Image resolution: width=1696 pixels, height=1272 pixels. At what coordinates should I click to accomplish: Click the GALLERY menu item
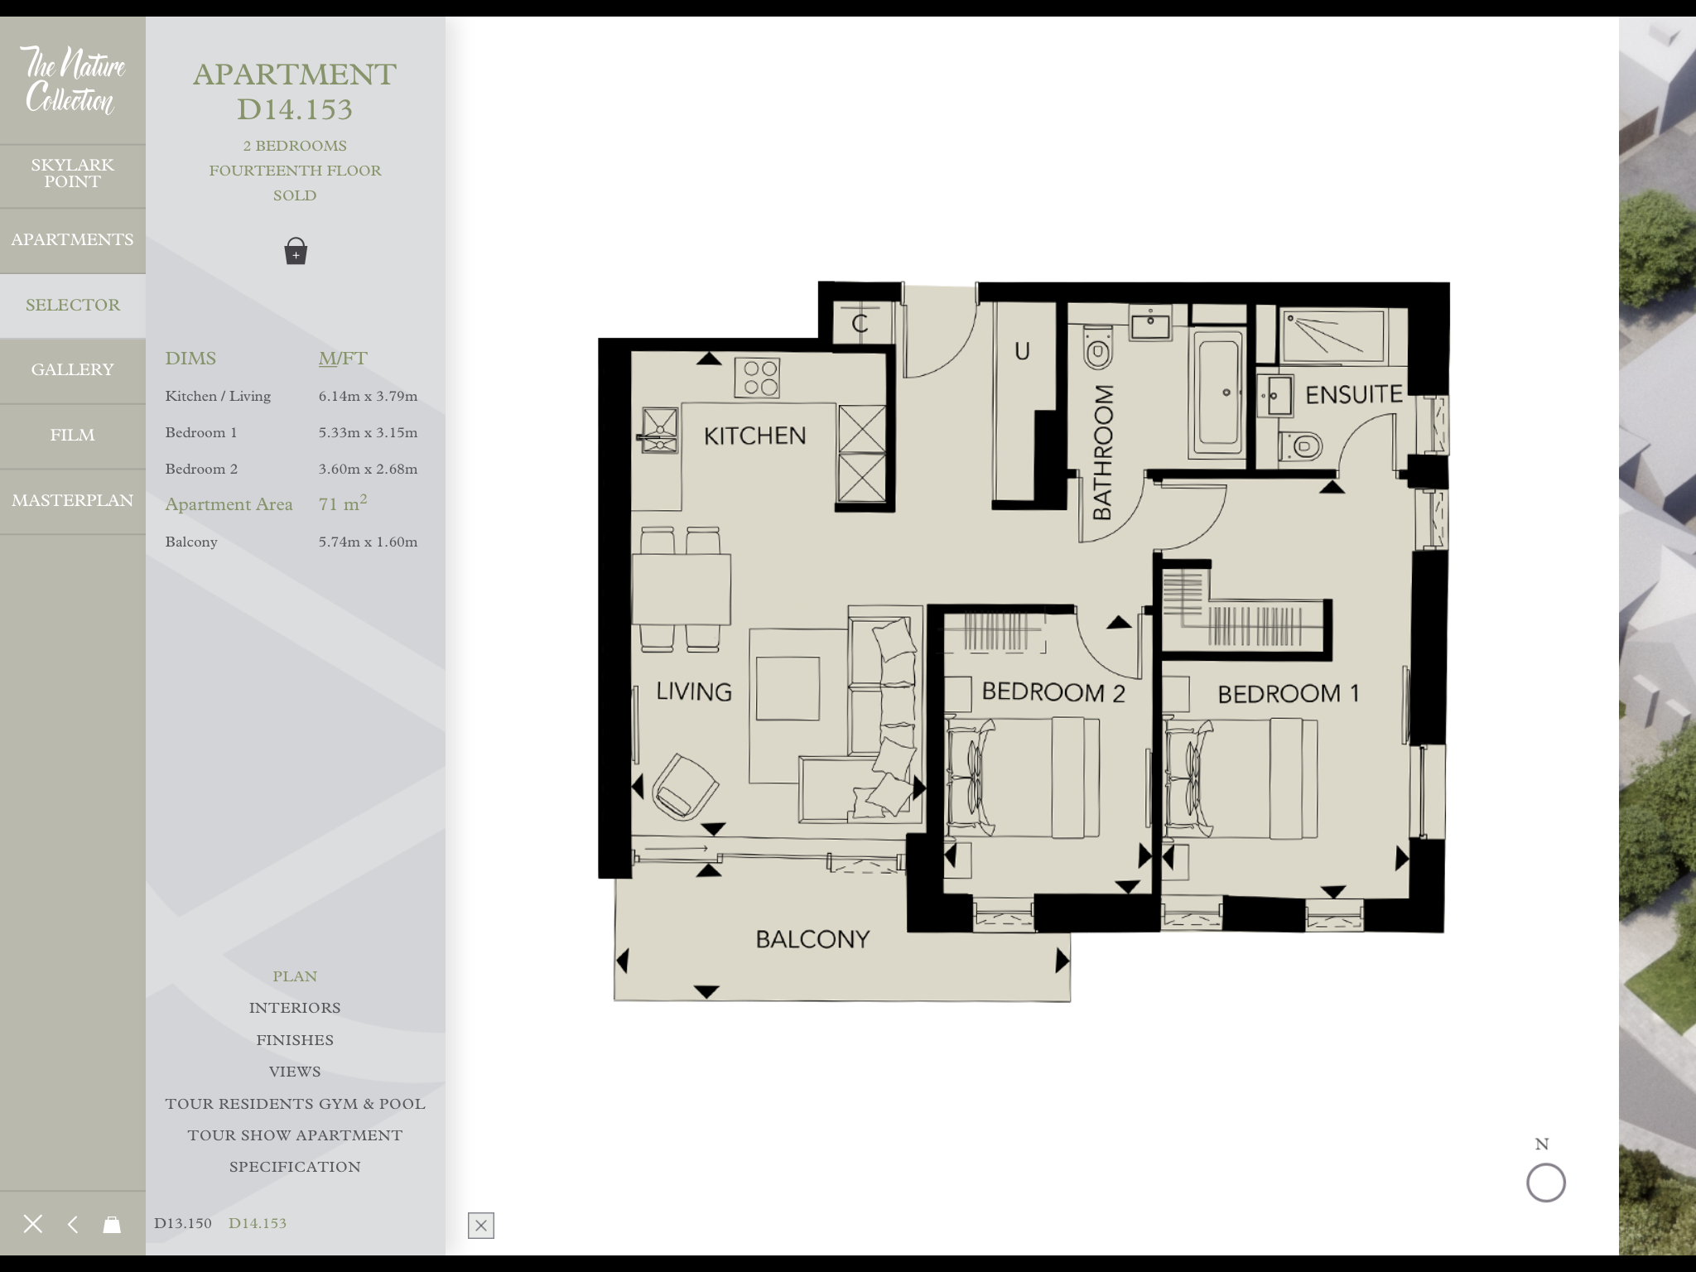coord(72,370)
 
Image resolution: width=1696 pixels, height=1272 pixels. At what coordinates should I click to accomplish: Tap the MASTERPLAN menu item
coord(72,501)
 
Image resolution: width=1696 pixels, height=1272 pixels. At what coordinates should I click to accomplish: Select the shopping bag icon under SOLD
coord(296,251)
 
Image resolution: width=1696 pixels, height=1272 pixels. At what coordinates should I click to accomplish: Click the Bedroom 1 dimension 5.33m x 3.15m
coord(368,433)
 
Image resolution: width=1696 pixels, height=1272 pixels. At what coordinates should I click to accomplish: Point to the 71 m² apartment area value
coord(343,504)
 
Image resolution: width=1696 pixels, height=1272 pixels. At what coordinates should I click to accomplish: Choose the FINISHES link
coord(295,1040)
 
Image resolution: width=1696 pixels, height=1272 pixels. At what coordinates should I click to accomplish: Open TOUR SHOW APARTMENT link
coord(295,1135)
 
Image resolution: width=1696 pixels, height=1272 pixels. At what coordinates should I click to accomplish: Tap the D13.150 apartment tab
coord(183,1223)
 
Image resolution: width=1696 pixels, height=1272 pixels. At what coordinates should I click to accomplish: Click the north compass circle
coord(1545,1183)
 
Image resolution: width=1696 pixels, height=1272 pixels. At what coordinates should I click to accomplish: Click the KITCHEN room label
coord(754,436)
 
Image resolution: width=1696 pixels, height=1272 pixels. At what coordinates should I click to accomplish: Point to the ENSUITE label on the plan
coord(1354,395)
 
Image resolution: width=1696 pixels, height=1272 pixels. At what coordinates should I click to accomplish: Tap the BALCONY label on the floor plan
coord(812,939)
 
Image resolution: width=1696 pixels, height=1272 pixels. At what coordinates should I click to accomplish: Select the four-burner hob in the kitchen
coord(757,378)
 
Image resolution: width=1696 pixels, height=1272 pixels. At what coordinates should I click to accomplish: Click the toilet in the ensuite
coord(1302,447)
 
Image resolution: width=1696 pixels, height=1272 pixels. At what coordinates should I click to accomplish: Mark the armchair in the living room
coord(684,787)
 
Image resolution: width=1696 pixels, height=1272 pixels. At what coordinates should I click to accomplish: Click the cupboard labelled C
coord(860,323)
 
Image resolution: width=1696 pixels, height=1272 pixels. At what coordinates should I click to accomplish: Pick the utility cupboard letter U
coord(1023,351)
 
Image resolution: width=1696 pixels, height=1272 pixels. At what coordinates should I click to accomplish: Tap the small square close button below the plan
coord(481,1226)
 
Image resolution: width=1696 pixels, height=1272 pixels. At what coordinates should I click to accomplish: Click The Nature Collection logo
coord(72,80)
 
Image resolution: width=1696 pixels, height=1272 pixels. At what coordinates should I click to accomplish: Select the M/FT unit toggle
coord(343,359)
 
